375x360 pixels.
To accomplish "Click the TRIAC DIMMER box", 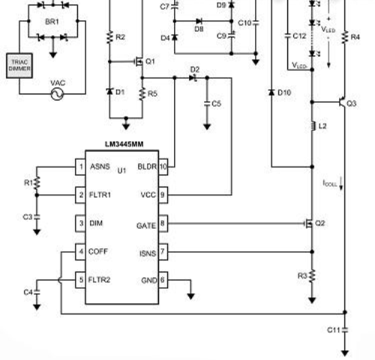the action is click(x=19, y=65).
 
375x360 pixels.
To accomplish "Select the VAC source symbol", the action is click(x=57, y=94).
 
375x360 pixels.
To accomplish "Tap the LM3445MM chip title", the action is click(x=124, y=144).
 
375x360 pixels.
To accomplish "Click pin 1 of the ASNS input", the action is click(x=80, y=166).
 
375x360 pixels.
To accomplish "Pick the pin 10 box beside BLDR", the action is click(x=163, y=166).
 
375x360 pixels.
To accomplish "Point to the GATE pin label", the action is click(x=146, y=226).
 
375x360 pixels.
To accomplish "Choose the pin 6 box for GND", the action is click(x=163, y=280).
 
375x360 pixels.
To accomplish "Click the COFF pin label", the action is click(x=98, y=251).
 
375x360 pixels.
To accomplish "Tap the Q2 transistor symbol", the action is click(x=309, y=223).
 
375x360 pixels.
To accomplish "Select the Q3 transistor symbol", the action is click(x=342, y=102).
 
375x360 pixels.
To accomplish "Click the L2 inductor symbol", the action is click(x=313, y=126).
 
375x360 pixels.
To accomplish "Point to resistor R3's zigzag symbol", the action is click(x=312, y=276).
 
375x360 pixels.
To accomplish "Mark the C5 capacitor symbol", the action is click(x=207, y=103).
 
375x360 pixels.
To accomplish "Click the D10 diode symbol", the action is click(x=271, y=92).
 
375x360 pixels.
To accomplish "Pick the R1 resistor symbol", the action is click(x=37, y=183).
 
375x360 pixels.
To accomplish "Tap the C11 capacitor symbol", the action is click(x=345, y=330).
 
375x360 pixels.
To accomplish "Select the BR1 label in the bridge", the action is click(x=52, y=22).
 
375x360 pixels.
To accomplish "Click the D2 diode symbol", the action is click(x=193, y=78).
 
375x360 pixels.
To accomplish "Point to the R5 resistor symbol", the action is click(x=142, y=94).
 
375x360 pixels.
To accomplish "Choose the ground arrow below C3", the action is click(x=37, y=232).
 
